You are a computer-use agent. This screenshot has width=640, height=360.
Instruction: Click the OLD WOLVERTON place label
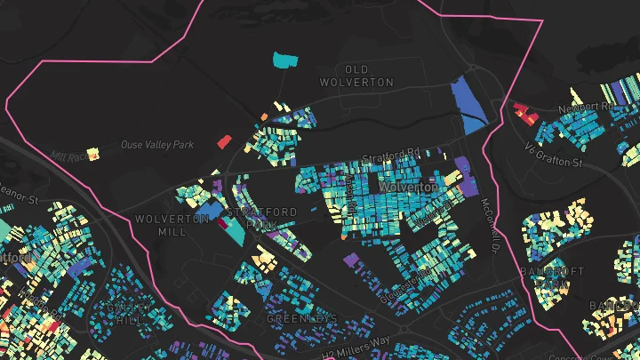(x=356, y=76)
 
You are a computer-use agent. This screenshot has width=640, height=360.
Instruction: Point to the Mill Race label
(x=70, y=156)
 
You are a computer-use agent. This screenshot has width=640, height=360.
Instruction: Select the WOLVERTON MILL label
(x=161, y=225)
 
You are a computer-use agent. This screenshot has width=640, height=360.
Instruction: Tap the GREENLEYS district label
(x=302, y=317)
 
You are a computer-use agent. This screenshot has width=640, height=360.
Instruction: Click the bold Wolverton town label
(x=407, y=188)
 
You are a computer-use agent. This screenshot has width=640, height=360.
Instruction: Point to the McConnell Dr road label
(x=488, y=223)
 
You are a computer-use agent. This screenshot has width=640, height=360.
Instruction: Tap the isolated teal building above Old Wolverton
(x=284, y=60)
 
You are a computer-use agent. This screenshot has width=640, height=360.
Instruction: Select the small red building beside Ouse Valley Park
(x=224, y=141)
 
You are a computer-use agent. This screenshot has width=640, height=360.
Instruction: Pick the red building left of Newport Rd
(x=522, y=112)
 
